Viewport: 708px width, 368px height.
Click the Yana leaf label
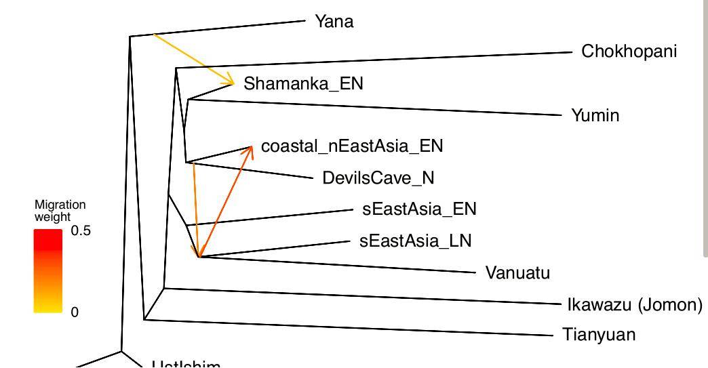pyautogui.click(x=334, y=22)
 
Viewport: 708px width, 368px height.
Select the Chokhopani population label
pyautogui.click(x=629, y=52)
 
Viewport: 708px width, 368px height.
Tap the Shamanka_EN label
pyautogui.click(x=303, y=83)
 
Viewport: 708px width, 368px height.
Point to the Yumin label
pyautogui.click(x=595, y=115)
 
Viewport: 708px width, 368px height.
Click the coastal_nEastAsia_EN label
pyautogui.click(x=351, y=146)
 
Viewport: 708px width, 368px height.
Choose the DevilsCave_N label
pyautogui.click(x=378, y=178)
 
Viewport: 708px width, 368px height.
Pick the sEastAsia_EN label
pyautogui.click(x=419, y=209)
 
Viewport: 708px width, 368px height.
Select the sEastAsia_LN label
pyautogui.click(x=415, y=241)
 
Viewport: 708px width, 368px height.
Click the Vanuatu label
pyautogui.click(x=517, y=273)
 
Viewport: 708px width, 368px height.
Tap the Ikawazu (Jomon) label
pyautogui.click(x=634, y=305)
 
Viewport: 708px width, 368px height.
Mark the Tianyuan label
pyautogui.click(x=599, y=335)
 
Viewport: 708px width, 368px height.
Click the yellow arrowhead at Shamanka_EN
pyautogui.click(x=231, y=82)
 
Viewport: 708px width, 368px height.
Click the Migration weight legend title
pyautogui.click(x=60, y=211)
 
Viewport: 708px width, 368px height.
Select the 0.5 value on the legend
pyautogui.click(x=81, y=231)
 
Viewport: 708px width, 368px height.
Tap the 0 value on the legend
pyautogui.click(x=75, y=312)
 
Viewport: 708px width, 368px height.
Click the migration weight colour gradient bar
pyautogui.click(x=48, y=271)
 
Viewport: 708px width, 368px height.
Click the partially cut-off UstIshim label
pyautogui.click(x=186, y=365)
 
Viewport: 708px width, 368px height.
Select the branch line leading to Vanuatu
pyautogui.click(x=339, y=264)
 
